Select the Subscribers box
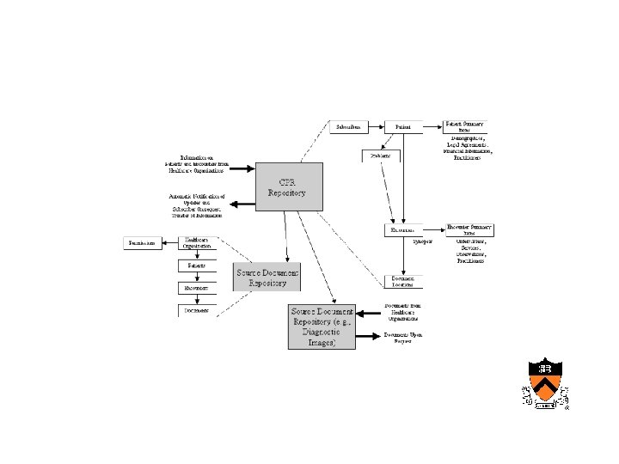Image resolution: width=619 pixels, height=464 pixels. tap(350, 127)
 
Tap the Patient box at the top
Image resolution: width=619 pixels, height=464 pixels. tap(402, 127)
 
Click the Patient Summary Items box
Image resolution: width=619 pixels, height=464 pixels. tap(465, 125)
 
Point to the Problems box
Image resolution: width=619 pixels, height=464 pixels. tap(381, 156)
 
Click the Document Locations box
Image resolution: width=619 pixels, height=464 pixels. tap(403, 282)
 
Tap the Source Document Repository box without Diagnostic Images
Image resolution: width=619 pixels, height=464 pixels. tap(267, 277)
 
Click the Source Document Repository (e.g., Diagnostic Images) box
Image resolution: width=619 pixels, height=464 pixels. tap(321, 326)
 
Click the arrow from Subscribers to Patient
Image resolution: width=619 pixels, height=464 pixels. tap(377, 127)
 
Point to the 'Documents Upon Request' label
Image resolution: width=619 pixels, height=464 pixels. tap(403, 337)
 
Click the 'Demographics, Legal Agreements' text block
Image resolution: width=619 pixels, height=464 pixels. tap(469, 148)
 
